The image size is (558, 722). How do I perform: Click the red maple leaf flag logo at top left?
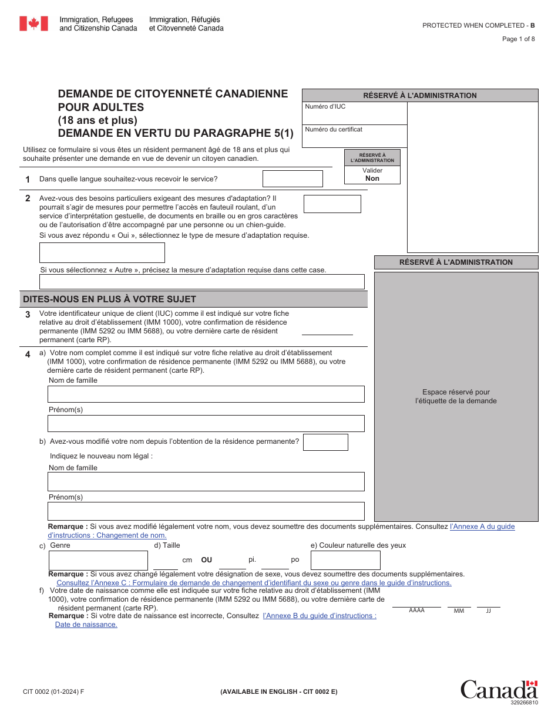pyautogui.click(x=33, y=23)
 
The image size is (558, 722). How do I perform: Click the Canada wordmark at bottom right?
pyautogui.click(x=499, y=690)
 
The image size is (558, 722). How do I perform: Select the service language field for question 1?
pyautogui.click(x=292, y=178)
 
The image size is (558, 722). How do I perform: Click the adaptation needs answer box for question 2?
pyautogui.click(x=332, y=204)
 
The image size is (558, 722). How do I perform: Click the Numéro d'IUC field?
pyautogui.click(x=355, y=114)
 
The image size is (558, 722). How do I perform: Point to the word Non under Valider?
pyautogui.click(x=372, y=178)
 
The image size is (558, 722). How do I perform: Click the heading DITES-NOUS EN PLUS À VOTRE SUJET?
pyautogui.click(x=109, y=299)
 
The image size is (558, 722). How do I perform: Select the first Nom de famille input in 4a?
pyautogui.click(x=206, y=394)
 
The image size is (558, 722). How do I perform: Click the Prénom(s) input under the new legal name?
pyautogui.click(x=206, y=511)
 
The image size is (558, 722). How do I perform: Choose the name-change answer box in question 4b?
pyautogui.click(x=325, y=442)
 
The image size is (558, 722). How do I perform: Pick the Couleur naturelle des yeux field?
pyautogui.click(x=345, y=560)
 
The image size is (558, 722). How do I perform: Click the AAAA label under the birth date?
pyautogui.click(x=416, y=610)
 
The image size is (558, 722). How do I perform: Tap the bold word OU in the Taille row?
pyautogui.click(x=206, y=560)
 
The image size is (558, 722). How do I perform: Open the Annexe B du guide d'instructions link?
pyautogui.click(x=320, y=616)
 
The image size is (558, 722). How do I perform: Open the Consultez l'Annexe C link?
pyautogui.click(x=254, y=583)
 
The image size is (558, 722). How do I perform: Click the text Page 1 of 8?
pyautogui.click(x=518, y=39)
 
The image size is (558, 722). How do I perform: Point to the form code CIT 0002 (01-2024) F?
pyautogui.click(x=53, y=691)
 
